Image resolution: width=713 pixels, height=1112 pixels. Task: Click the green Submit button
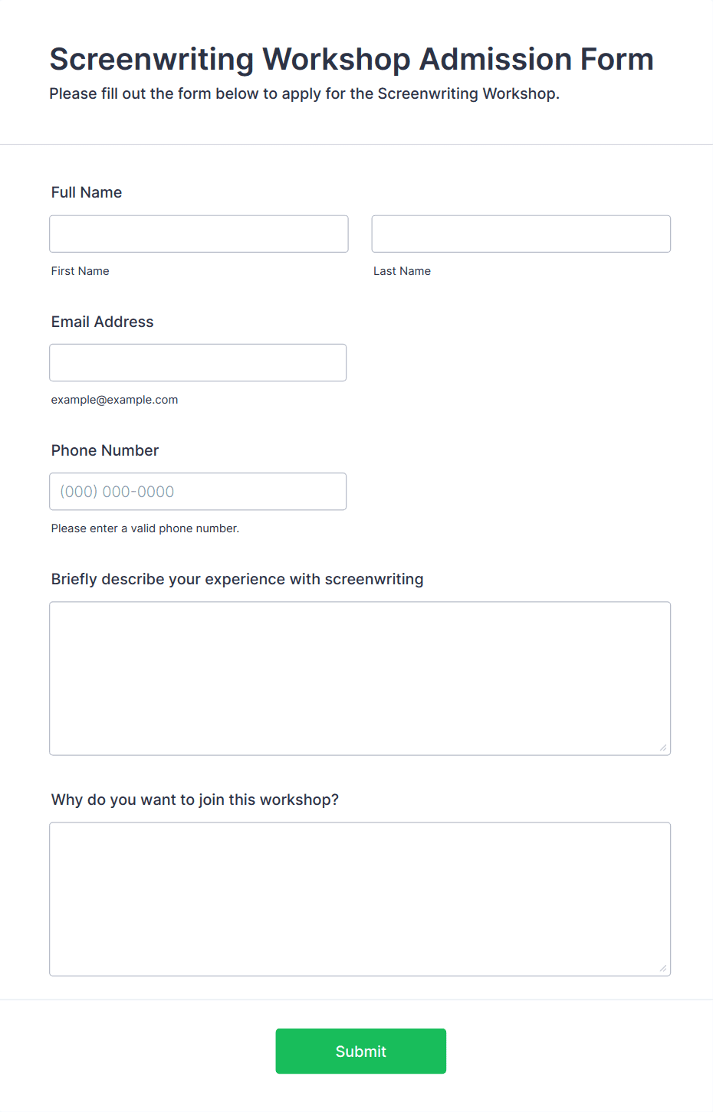click(x=360, y=1051)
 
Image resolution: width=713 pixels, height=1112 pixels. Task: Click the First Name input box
click(x=199, y=234)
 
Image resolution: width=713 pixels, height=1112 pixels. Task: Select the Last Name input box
click(x=521, y=234)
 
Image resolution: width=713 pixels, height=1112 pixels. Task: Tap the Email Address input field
click(x=198, y=362)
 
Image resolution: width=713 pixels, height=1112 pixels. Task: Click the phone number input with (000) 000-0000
click(x=198, y=491)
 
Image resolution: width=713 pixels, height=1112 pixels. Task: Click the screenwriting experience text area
click(x=360, y=678)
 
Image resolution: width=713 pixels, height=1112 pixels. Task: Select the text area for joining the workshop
click(x=360, y=898)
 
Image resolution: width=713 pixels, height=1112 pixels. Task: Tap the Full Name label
click(x=87, y=192)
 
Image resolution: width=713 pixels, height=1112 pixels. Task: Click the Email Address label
click(x=102, y=322)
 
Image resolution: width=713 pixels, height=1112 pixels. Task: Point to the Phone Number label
click(x=105, y=450)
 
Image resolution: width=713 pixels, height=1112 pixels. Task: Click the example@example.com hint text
click(x=114, y=400)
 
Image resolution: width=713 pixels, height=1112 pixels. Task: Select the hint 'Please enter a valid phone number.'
click(x=145, y=528)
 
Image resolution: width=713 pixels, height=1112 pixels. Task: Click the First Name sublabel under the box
click(x=80, y=271)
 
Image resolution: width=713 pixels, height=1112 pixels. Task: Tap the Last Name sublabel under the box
click(x=402, y=271)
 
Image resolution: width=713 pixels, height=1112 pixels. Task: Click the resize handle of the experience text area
click(x=663, y=747)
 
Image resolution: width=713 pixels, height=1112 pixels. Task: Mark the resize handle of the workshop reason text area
click(x=663, y=968)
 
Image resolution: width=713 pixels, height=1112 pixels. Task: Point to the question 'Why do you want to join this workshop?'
click(x=195, y=800)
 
